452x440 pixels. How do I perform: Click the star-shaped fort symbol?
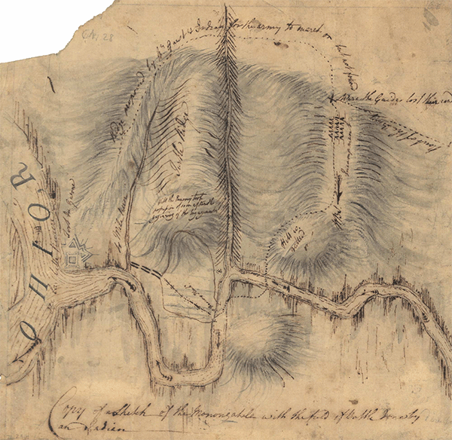point(75,253)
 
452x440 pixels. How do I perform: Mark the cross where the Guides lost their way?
point(331,99)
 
